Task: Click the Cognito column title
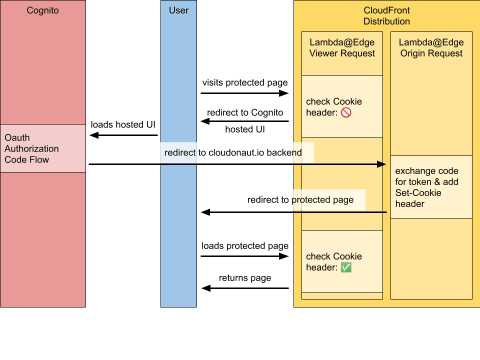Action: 42,10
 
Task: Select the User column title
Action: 178,10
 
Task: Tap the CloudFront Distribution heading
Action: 386,16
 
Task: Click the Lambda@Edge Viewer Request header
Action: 342,48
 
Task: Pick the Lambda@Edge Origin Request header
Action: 431,48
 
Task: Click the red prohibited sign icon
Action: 346,113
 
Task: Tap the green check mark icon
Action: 346,268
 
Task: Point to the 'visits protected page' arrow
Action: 244,93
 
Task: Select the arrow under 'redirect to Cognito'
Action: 244,121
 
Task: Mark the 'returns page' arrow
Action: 244,288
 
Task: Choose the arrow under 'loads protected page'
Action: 244,256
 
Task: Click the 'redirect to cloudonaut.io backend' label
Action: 233,153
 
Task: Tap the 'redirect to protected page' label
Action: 300,200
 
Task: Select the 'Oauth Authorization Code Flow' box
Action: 43,148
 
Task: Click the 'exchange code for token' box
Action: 431,187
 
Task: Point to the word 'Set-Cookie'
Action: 418,193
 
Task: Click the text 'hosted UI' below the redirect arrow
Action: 245,129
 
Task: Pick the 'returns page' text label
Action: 245,278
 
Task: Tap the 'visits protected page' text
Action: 244,82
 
